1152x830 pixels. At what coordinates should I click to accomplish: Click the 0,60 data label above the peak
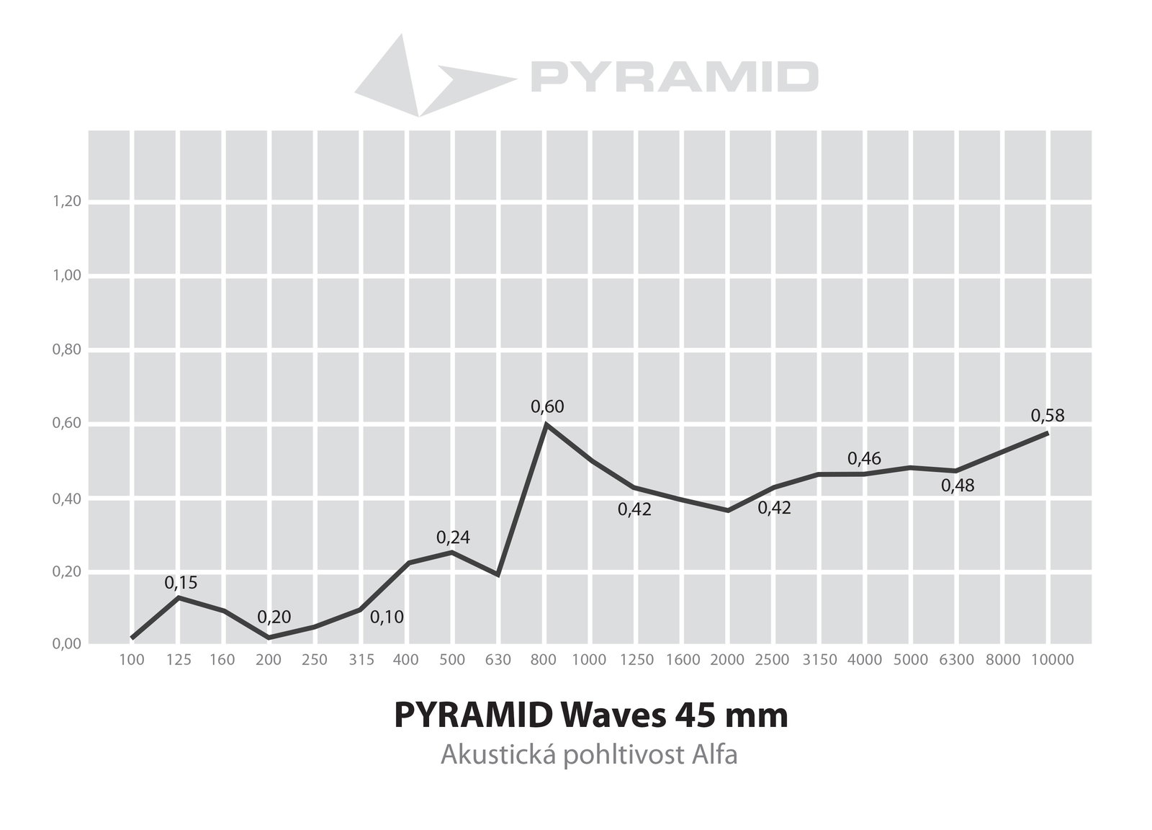tap(547, 407)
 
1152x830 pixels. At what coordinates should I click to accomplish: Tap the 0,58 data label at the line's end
tap(1048, 416)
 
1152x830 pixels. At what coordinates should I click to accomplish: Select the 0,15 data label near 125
tap(181, 583)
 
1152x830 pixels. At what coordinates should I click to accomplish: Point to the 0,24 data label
tap(453, 537)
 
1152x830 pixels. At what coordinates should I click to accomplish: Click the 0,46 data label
tap(864, 458)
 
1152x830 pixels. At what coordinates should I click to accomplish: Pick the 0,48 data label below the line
tap(958, 486)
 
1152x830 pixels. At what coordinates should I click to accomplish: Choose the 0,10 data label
tap(387, 617)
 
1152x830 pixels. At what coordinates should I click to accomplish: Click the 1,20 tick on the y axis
tap(67, 201)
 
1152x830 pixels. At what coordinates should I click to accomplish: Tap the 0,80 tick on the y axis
tap(67, 349)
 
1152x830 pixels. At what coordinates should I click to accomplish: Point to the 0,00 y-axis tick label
tap(67, 643)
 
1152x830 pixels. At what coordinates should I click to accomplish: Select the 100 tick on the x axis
tap(132, 660)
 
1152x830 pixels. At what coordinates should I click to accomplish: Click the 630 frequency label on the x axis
tap(498, 660)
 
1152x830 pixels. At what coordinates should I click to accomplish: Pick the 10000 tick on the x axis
tap(1053, 660)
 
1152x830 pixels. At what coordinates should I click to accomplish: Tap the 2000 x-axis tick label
tap(727, 660)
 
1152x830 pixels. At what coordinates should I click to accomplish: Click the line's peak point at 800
tap(546, 424)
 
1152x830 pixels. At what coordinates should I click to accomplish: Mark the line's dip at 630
tap(498, 575)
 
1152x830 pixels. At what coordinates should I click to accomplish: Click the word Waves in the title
tap(614, 715)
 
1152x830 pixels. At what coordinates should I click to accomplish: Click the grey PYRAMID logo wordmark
tap(674, 76)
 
